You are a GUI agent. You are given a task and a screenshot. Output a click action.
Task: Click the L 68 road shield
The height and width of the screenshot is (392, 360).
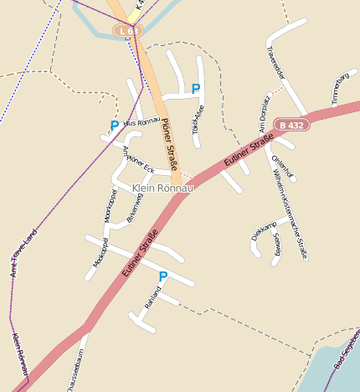pyautogui.click(x=129, y=31)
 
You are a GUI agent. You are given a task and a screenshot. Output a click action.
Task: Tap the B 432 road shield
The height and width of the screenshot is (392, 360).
pyautogui.click(x=292, y=125)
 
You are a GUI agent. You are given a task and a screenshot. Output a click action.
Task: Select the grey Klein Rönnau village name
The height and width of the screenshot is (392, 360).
pyautogui.click(x=163, y=189)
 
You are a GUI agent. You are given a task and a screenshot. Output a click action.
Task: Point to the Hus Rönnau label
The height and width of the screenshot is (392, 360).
pyautogui.click(x=141, y=122)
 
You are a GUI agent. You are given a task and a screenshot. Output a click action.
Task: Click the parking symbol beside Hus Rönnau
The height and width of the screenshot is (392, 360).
pyautogui.click(x=115, y=126)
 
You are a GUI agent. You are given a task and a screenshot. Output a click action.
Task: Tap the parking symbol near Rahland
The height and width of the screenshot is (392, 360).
pyautogui.click(x=163, y=276)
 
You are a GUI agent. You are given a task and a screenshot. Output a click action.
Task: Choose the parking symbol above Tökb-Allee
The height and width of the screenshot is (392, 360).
pyautogui.click(x=196, y=89)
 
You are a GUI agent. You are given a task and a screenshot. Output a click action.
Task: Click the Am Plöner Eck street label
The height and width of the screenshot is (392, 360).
pyautogui.click(x=138, y=160)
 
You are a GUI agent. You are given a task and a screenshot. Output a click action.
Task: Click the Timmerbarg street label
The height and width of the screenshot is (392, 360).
pyautogui.click(x=339, y=89)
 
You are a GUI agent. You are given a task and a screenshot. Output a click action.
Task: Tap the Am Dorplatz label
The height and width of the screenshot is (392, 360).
pyautogui.click(x=267, y=112)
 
